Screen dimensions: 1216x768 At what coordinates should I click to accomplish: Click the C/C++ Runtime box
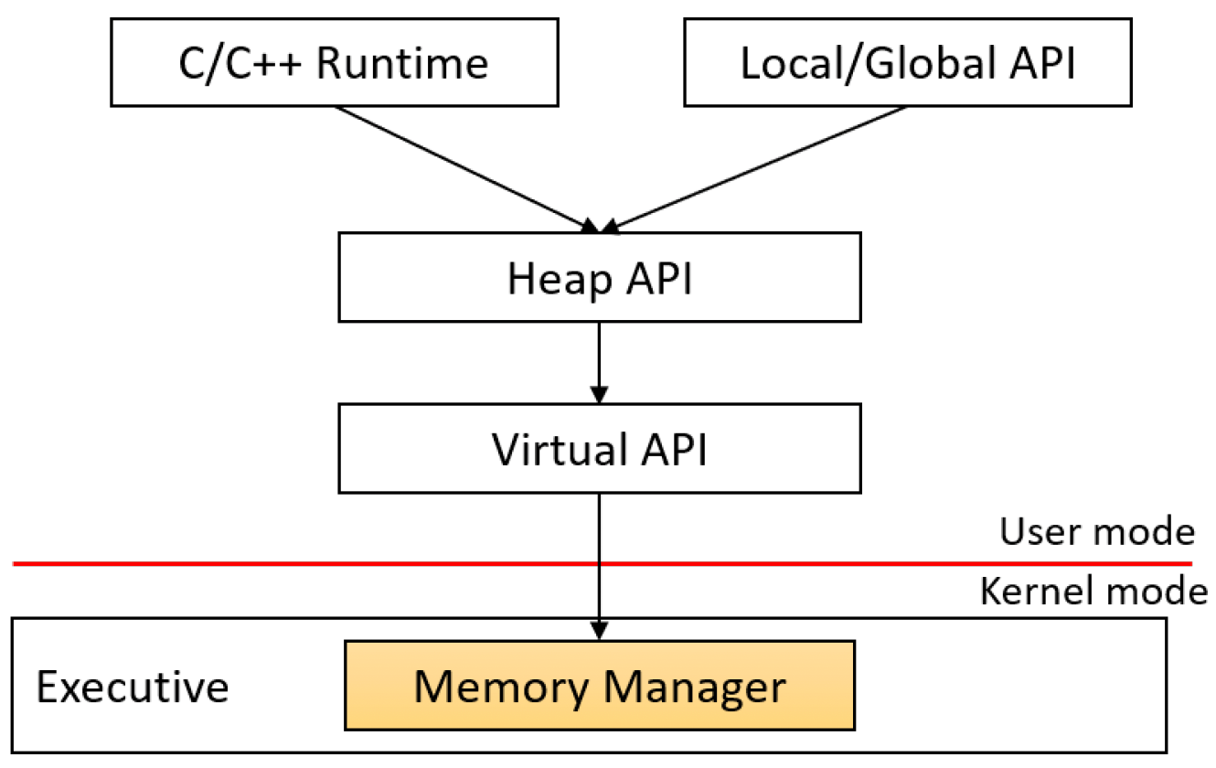pos(335,62)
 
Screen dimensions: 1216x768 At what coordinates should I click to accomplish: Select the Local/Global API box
pos(908,62)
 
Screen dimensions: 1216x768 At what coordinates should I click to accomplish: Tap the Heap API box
pos(600,277)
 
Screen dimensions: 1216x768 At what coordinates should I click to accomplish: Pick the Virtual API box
pos(600,448)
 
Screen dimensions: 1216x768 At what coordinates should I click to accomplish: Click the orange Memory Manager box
pos(600,686)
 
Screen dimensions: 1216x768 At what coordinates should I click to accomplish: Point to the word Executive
pos(133,687)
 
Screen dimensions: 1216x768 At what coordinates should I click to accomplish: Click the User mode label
pos(1097,531)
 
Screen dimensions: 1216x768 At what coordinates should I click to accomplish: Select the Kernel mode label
pos(1093,591)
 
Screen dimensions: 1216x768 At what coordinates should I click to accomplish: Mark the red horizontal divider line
pos(603,564)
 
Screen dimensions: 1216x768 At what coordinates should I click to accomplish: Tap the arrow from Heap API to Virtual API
pos(599,363)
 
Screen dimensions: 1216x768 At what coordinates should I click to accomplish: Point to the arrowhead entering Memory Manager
pos(599,631)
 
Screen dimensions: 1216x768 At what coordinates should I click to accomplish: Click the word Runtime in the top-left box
pos(402,63)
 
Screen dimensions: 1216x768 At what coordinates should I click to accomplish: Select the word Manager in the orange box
pos(694,688)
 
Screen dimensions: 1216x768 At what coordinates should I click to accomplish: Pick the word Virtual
pos(560,450)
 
